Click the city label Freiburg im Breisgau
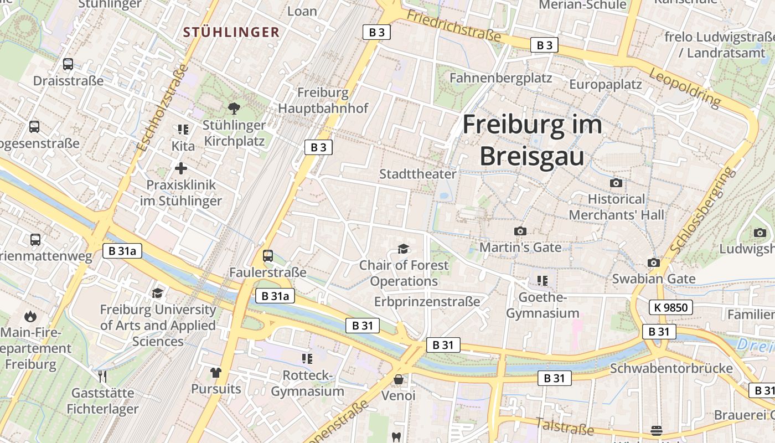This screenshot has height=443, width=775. tap(531, 140)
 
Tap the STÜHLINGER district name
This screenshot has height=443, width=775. tap(231, 32)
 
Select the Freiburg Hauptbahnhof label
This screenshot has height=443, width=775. tap(323, 100)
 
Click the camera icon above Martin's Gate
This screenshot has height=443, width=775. tap(520, 231)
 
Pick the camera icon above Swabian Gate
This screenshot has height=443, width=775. tap(654, 262)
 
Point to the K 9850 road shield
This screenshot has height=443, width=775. tap(671, 307)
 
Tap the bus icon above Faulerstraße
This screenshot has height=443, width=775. tap(268, 256)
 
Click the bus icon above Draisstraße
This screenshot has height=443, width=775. tap(68, 64)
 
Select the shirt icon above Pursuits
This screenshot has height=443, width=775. tap(216, 372)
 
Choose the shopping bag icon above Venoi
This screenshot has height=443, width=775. tap(399, 379)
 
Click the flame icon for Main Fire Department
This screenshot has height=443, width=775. tap(30, 317)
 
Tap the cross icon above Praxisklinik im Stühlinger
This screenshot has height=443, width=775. tap(181, 168)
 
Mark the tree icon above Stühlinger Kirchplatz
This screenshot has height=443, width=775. tap(234, 109)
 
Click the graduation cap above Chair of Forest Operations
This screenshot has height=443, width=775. tap(404, 249)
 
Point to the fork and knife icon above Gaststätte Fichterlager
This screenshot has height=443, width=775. tap(102, 377)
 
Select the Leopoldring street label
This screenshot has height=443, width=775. tap(685, 88)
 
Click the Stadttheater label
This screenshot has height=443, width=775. tap(418, 174)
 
